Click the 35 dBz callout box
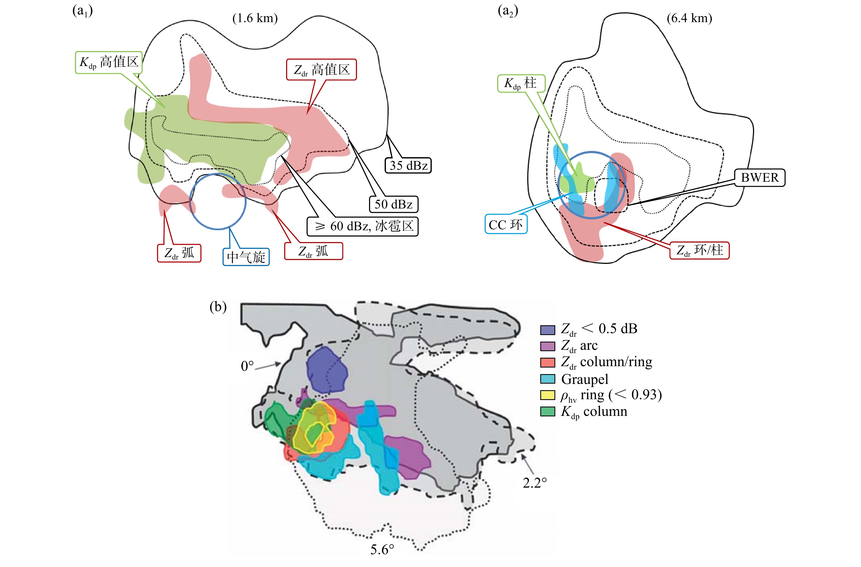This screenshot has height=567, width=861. pos(408,165)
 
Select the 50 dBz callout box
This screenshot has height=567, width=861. pos(393,204)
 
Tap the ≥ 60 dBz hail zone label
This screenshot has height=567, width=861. pos(362,226)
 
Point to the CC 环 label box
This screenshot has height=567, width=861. pos(505,224)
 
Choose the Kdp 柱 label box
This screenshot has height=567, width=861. pos(521,83)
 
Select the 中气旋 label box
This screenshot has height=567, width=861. pos(246,257)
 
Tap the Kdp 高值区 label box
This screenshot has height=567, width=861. pos(109,62)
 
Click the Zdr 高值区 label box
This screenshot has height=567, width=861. pos(321,70)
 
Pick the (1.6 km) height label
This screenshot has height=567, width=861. pos(255,18)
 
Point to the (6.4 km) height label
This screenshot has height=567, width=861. pos(689,18)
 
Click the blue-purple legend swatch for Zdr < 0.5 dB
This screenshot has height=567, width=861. pos(547,330)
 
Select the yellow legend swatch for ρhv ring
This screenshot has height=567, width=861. pos(547,395)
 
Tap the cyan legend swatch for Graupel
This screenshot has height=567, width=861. pos(547,379)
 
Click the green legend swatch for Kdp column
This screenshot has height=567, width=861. pos(547,412)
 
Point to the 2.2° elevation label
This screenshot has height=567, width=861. pos(534,483)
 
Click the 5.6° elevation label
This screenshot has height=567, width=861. pos(382,549)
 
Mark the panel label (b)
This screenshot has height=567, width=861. pos(218,307)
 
